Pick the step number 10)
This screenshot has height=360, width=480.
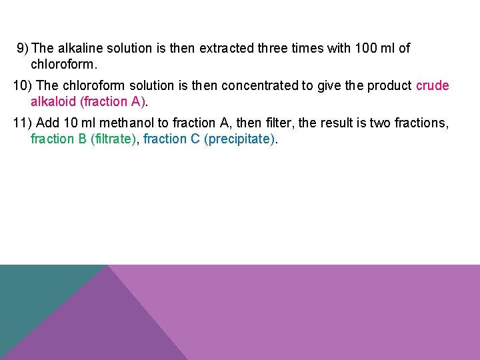coord(23,85)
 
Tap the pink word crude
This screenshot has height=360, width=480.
coord(432,85)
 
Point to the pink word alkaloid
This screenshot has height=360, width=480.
coord(53,101)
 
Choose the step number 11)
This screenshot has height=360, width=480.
coord(23,123)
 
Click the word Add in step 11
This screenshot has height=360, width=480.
coord(48,123)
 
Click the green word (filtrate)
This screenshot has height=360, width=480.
coord(117,139)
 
